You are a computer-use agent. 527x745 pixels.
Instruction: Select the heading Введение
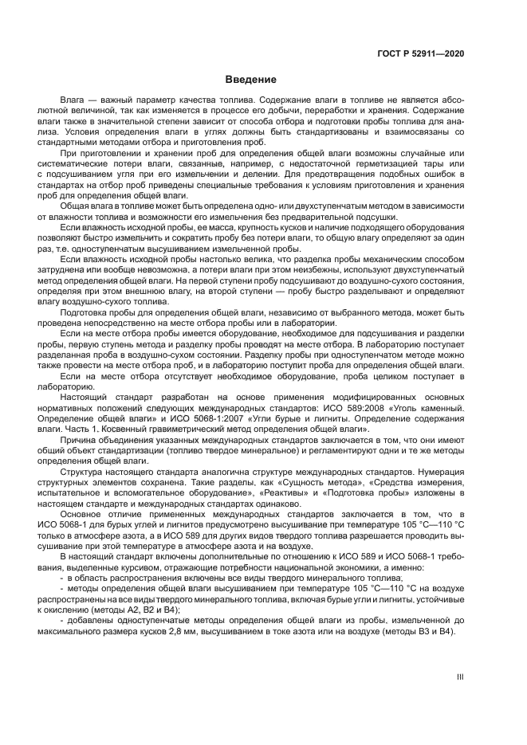pos(250,80)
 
